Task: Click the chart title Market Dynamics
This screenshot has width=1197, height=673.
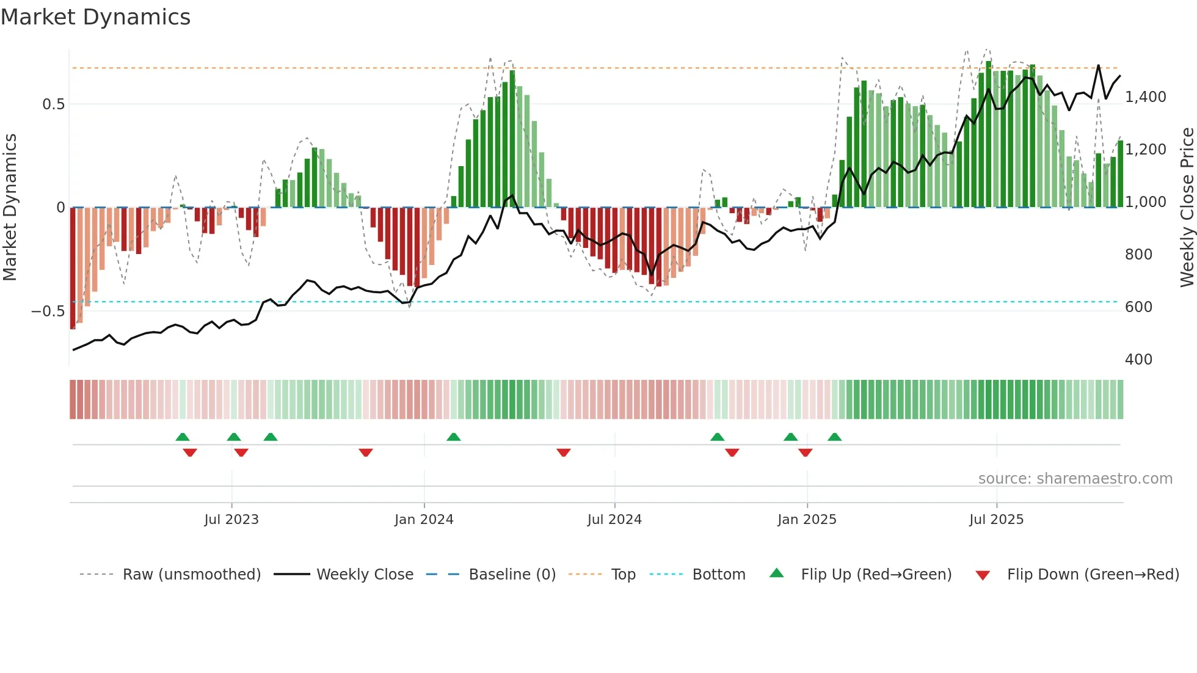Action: coord(95,17)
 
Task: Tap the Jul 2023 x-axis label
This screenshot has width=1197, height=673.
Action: coord(231,520)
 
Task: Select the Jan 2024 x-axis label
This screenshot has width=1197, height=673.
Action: coord(424,520)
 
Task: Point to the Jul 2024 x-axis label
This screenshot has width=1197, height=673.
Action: coord(614,520)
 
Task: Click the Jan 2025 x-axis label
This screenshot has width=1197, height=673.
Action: coord(807,520)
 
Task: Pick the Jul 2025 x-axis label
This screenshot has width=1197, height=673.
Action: coord(996,520)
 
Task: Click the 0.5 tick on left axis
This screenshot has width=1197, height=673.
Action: coord(53,104)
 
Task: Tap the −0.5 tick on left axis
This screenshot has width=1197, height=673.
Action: coord(48,311)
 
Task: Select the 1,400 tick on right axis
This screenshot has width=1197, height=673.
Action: coord(1145,97)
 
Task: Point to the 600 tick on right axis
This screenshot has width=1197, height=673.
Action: coord(1138,307)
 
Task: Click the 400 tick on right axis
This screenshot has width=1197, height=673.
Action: coord(1138,360)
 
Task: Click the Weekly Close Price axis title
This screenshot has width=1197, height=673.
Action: coord(1187,208)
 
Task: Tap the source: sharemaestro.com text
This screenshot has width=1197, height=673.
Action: coord(1075,479)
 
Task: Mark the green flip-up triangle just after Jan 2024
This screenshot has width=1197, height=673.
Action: coord(453,437)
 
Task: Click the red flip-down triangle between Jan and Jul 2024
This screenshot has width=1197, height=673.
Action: coord(563,453)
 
